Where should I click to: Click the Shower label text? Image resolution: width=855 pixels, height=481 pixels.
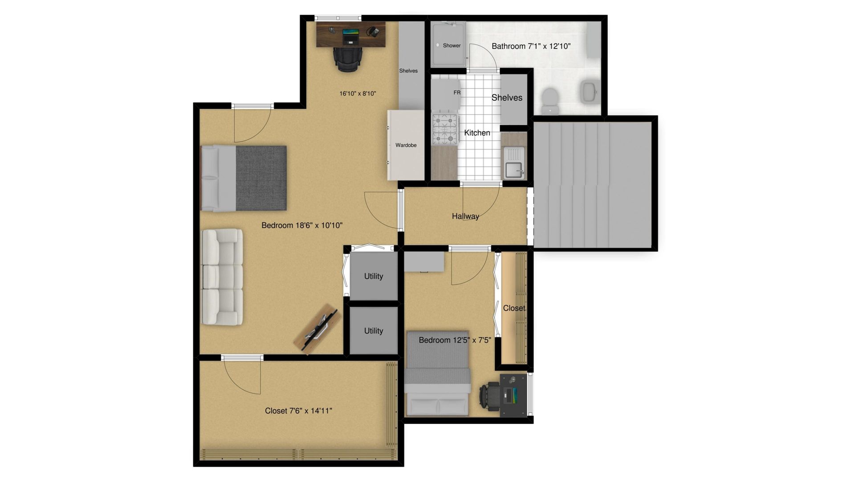click(452, 45)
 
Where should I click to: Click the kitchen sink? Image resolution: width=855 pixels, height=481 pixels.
click(514, 162)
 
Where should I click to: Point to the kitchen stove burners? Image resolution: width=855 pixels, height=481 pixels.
click(446, 129)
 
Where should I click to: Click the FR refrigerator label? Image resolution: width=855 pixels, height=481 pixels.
click(457, 93)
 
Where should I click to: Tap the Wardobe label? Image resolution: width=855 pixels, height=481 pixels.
click(406, 145)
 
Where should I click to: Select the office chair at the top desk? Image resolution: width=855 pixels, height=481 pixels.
click(348, 59)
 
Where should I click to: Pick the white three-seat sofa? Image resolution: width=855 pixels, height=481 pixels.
click(222, 277)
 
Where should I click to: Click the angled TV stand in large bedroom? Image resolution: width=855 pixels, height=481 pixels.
click(318, 329)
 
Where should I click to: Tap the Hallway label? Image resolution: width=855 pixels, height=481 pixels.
click(465, 216)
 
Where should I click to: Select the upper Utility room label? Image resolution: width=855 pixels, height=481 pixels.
click(374, 276)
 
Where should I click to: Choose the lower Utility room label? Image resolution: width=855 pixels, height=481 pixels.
click(374, 331)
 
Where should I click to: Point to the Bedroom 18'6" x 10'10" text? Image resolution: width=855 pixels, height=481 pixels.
click(302, 225)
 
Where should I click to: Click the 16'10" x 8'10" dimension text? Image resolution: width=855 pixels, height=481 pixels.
click(358, 94)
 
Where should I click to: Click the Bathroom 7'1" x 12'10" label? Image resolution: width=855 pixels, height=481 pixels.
click(531, 46)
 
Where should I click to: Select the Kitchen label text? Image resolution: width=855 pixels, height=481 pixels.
click(477, 133)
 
